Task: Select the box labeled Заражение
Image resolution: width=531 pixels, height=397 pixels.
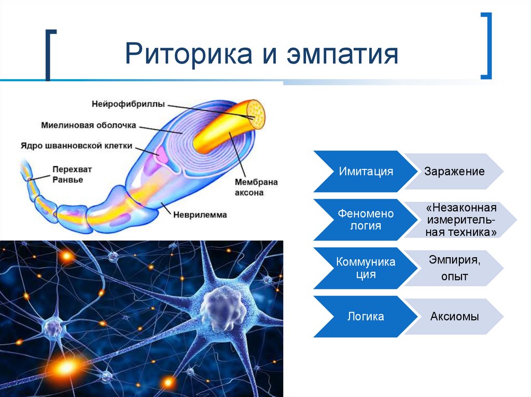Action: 454,171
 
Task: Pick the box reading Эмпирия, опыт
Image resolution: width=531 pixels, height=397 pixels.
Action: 454,268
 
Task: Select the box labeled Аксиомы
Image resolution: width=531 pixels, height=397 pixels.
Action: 454,316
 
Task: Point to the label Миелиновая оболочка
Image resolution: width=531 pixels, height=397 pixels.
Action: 88,125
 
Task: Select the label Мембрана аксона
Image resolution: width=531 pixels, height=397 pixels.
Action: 256,187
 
